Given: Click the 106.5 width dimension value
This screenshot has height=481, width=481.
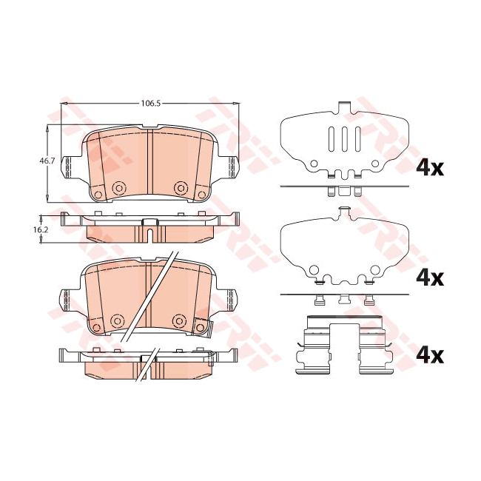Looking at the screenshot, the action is (x=151, y=104).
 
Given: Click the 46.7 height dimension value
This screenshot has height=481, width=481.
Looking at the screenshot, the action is (x=47, y=161).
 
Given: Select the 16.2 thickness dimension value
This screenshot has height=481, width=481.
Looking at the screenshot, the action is (x=41, y=229).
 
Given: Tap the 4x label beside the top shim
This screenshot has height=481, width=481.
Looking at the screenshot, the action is (x=430, y=168).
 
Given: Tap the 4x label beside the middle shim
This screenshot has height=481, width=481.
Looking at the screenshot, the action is (x=430, y=278).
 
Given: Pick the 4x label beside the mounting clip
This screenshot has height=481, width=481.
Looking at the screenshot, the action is (x=430, y=356).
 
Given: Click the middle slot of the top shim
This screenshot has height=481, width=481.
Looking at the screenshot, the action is (x=345, y=139).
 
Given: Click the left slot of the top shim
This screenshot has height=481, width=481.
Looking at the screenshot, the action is (x=332, y=139).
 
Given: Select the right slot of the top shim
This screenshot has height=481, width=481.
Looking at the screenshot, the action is (x=358, y=139).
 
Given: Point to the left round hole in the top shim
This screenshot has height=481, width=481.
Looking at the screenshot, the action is (x=314, y=164).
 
